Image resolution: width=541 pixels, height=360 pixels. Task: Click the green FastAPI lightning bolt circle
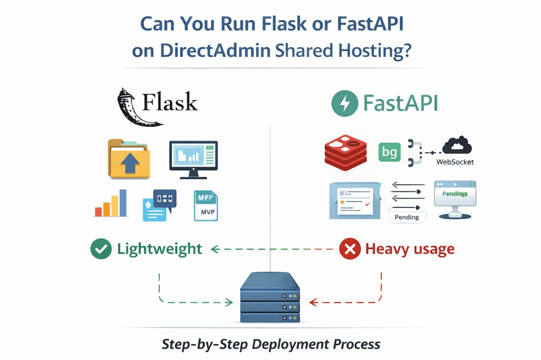tap(345, 102)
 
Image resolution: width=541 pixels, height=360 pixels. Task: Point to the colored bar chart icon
tap(111, 204)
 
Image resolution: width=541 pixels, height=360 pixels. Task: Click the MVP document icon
tap(205, 205)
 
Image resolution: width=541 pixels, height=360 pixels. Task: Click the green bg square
tap(390, 153)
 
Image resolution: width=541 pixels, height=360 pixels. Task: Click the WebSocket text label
tap(455, 162)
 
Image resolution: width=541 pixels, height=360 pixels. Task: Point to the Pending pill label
tap(407, 216)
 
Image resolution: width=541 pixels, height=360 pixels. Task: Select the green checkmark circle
tap(101, 249)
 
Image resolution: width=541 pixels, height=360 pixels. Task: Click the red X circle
tap(349, 249)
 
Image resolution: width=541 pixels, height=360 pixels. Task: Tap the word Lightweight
tap(159, 249)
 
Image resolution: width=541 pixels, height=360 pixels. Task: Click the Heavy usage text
tap(409, 249)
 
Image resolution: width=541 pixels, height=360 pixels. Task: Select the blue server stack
tap(270, 298)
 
